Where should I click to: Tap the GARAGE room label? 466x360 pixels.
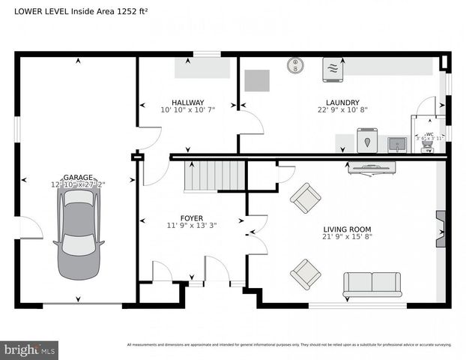click(x=78, y=176)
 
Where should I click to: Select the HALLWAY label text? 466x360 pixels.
click(x=187, y=103)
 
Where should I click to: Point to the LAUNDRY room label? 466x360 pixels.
click(x=342, y=103)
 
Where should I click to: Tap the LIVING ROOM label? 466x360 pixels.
click(x=347, y=229)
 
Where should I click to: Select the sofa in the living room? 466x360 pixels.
click(x=372, y=284)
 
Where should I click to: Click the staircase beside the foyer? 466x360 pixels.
click(x=214, y=176)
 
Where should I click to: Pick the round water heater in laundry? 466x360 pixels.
click(x=296, y=64)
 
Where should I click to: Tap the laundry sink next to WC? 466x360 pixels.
click(x=397, y=142)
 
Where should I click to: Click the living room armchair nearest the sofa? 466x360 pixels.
click(x=305, y=274)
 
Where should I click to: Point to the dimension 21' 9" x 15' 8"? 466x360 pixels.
click(x=347, y=238)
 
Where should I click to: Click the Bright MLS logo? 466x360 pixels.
click(x=30, y=349)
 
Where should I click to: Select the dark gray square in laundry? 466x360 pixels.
click(x=257, y=80)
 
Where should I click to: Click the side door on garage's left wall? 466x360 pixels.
click(x=30, y=227)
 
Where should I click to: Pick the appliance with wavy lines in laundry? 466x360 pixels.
click(x=333, y=68)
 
